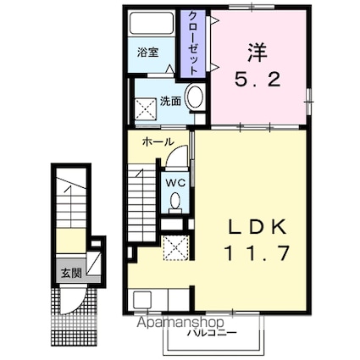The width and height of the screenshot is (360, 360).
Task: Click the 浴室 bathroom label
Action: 148,52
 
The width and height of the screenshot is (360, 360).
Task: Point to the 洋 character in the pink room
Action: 256,53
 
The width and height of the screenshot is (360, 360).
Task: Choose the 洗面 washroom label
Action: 172,100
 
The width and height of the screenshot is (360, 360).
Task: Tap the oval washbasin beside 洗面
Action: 194,97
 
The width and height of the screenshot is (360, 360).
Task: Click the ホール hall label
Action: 158,141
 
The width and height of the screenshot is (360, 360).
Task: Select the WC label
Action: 175,180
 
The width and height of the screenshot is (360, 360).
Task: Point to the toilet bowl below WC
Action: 175,201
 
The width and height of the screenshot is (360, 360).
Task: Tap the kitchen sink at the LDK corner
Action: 141,299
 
